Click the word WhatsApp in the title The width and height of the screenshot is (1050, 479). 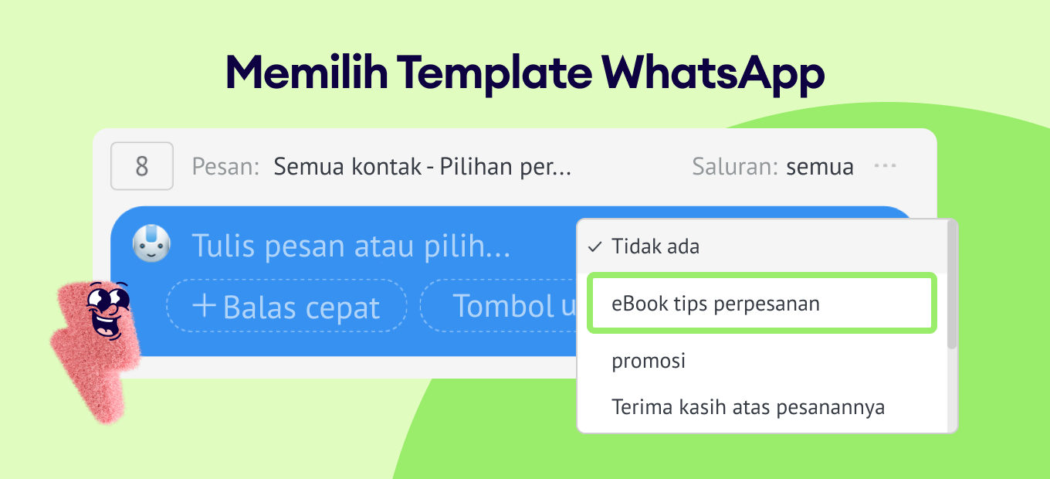713,73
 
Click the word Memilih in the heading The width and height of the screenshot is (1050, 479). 307,73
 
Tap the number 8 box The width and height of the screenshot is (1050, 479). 142,166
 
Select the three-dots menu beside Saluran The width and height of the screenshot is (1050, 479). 885,165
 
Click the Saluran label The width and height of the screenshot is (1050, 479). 735,167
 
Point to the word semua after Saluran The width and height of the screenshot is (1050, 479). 820,167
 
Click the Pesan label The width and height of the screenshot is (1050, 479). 225,167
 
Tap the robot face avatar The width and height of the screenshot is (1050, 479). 151,243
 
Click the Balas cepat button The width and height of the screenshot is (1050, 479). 286,306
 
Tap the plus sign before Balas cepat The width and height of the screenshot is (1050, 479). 204,305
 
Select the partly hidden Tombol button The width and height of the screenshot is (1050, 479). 499,306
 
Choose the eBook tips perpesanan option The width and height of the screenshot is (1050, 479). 762,303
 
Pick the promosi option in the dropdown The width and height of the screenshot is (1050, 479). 649,361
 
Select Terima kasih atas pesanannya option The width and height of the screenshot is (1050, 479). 748,407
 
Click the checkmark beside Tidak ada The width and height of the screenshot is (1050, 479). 594,246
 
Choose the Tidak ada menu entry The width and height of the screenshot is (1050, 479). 655,246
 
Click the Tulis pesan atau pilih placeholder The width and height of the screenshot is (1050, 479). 351,246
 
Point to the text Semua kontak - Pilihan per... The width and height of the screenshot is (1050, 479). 422,167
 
